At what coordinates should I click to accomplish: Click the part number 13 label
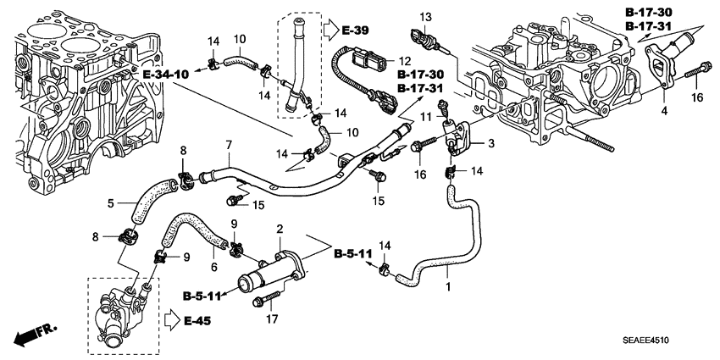[x=426, y=18]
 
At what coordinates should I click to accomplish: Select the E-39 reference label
[x=355, y=30]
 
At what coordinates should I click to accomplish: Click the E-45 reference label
[x=197, y=321]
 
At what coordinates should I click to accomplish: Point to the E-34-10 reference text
[x=166, y=75]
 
